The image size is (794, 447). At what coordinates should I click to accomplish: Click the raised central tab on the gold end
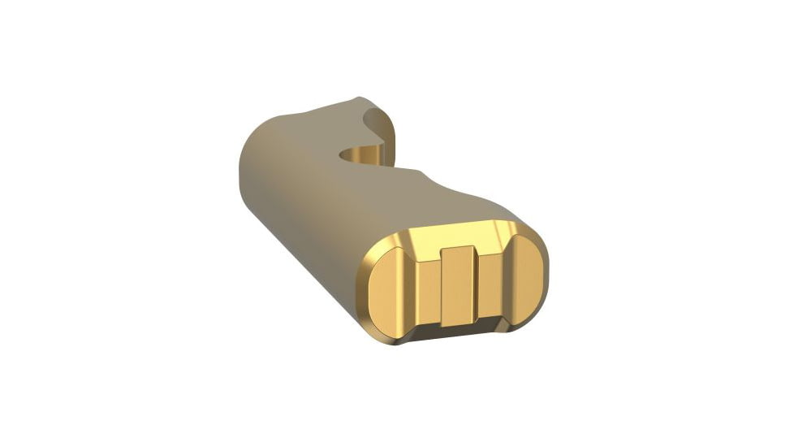pos(457,284)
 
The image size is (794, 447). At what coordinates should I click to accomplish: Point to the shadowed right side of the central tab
pos(475,284)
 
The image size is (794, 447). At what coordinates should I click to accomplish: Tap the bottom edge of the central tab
pos(459,323)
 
